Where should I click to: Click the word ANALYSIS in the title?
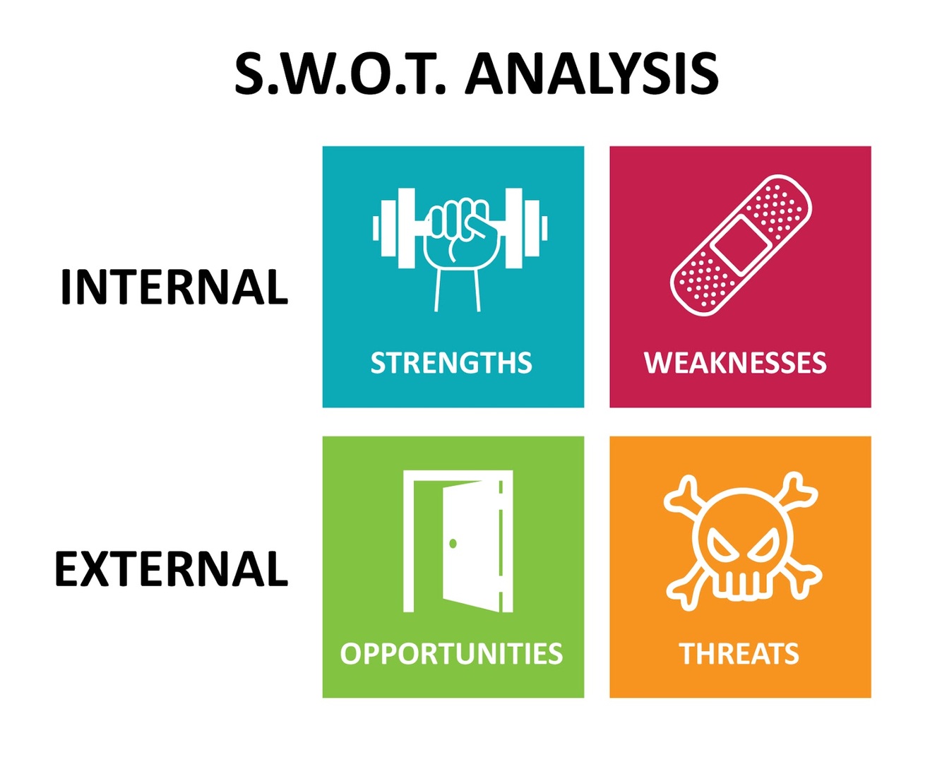592,74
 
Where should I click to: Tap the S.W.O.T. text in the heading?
340,74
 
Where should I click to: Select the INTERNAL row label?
174,287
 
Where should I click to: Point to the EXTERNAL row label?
172,569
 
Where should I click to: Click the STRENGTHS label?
451,363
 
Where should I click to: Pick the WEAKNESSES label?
735,363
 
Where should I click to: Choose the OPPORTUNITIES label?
451,654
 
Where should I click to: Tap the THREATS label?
739,654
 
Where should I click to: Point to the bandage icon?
740,244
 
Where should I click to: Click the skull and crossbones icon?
741,541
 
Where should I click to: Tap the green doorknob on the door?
453,543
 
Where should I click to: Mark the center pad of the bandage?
740,244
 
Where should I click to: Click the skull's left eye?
721,547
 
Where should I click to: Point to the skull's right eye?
763,547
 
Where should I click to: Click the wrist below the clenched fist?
458,290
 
